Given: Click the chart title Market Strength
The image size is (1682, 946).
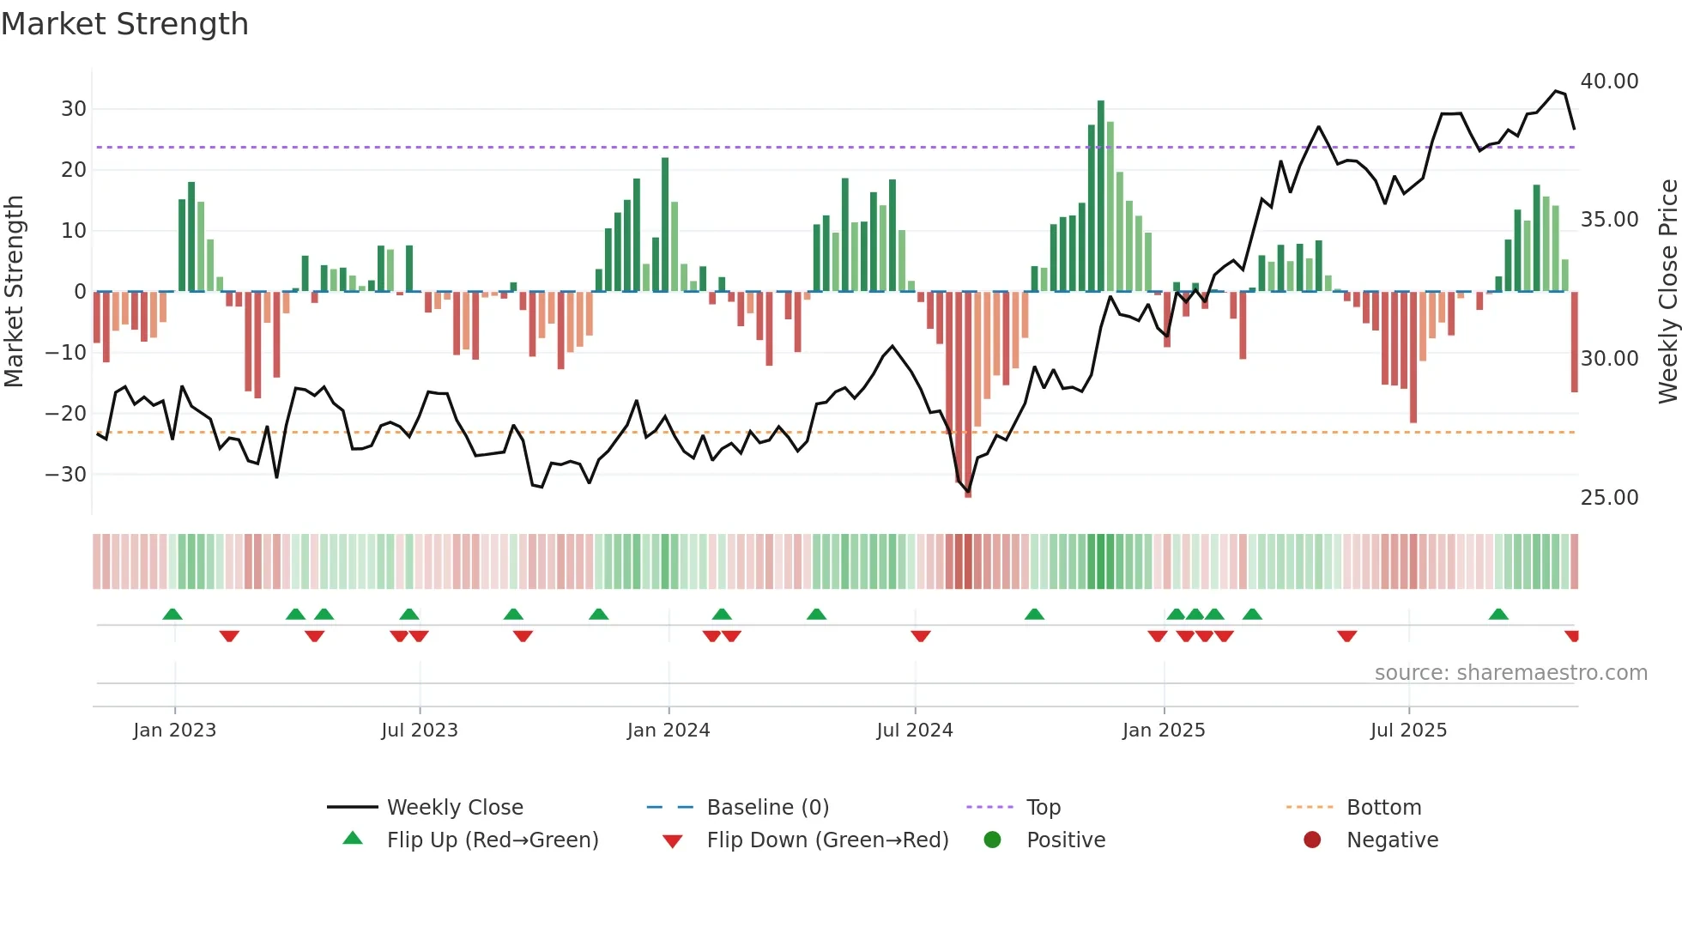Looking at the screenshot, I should (x=124, y=24).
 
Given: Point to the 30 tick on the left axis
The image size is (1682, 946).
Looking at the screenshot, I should (x=74, y=109).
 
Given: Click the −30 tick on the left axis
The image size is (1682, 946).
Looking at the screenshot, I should (x=67, y=475).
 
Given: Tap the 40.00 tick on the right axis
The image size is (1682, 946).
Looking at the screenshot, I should (x=1609, y=82).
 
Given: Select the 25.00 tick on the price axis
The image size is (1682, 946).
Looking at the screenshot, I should (x=1609, y=498).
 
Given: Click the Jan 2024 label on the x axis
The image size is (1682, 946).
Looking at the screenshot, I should (x=669, y=731).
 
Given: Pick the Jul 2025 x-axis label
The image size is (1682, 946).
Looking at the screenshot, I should (x=1408, y=731).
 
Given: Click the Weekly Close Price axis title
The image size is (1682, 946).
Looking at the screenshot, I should (x=1667, y=292).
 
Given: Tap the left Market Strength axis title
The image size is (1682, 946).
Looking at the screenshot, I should (x=14, y=292).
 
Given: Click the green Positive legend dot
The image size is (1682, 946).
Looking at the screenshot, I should (x=993, y=840).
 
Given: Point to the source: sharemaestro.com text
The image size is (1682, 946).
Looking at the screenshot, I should (x=1510, y=673).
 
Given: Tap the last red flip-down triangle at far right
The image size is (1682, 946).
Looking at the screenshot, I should (x=1572, y=636).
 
